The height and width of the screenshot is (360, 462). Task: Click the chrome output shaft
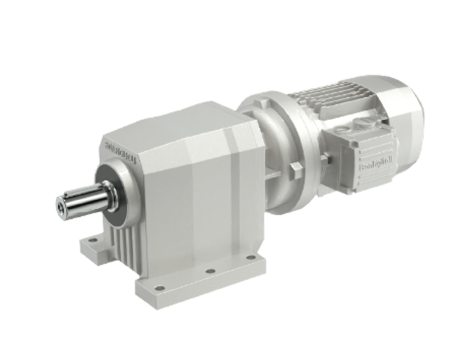click(x=82, y=200)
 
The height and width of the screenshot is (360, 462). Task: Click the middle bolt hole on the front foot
click(x=209, y=271)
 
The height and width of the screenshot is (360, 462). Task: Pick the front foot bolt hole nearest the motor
click(x=250, y=257)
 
